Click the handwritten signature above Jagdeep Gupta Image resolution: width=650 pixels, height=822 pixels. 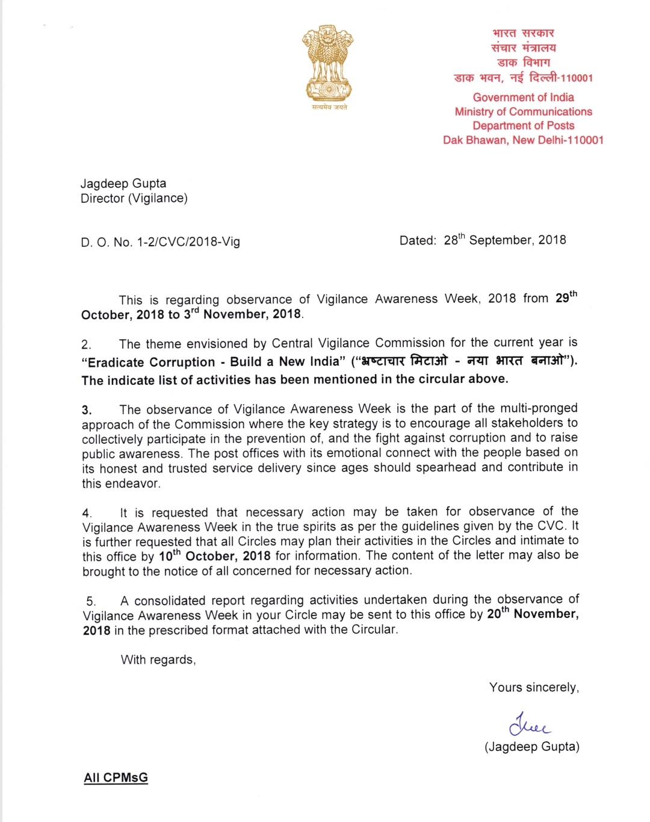coord(529,725)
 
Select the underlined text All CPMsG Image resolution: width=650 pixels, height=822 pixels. coord(116,777)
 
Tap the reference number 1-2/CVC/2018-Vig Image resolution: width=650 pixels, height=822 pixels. coord(188,242)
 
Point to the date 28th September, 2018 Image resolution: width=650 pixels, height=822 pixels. coord(504,240)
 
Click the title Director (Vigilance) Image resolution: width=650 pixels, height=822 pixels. coord(134,199)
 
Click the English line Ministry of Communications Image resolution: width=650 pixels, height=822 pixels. coord(523,111)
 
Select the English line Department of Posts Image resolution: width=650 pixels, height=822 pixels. coord(523,126)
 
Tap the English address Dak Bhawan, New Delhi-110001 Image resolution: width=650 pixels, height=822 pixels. coord(523,140)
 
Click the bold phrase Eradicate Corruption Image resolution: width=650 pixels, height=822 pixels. coord(151,363)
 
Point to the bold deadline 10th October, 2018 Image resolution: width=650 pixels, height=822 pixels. coord(215,556)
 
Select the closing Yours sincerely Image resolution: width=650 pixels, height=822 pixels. coord(534,688)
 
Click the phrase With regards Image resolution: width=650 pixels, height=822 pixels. coord(158,660)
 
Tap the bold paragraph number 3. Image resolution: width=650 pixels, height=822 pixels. coord(87,411)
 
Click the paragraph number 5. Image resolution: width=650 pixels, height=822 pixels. coord(90,601)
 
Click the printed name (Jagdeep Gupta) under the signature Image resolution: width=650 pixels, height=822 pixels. coord(531,747)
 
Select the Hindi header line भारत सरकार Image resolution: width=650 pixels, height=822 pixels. coord(523,33)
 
